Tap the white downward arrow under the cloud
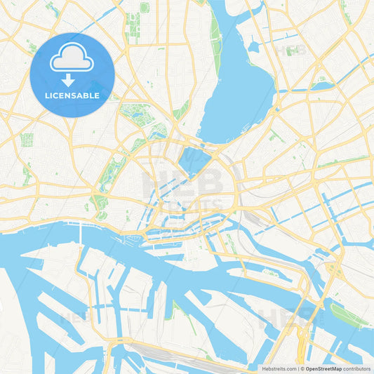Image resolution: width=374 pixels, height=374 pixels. [x=68, y=80]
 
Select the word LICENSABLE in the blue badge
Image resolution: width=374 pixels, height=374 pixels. [x=72, y=95]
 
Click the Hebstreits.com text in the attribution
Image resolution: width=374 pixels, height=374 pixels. [x=276, y=368]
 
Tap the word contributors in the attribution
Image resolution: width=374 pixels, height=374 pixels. [x=357, y=368]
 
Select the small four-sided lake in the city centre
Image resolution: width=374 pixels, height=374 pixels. [x=193, y=160]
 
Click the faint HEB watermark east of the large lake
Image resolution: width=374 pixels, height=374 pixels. [x=290, y=51]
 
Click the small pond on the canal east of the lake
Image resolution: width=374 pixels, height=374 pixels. [x=323, y=86]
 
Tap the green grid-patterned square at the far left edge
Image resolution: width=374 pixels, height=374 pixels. [x=27, y=139]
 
